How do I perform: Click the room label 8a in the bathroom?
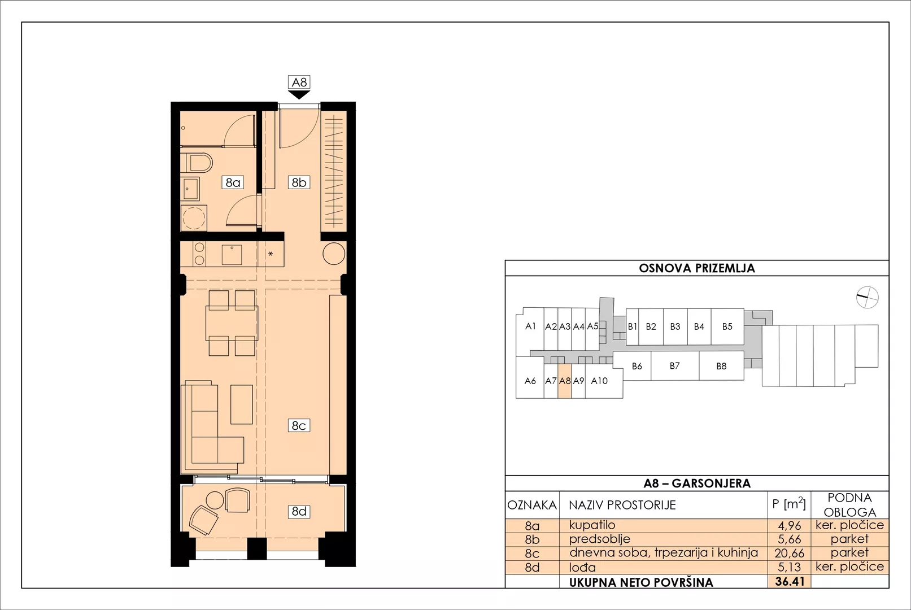(233, 182)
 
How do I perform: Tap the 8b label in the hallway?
(299, 182)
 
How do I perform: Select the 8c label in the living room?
(299, 425)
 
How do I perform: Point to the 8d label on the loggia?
(299, 511)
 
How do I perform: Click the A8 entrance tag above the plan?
(299, 82)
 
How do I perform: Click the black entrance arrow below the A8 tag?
(299, 95)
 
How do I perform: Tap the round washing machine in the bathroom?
(194, 218)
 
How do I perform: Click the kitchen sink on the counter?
(232, 255)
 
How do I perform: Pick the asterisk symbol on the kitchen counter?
(271, 254)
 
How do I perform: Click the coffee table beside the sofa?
(242, 404)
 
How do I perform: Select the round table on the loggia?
(215, 500)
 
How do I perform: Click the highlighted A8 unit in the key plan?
(564, 381)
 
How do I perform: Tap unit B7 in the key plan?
(675, 365)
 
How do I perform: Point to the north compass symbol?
(867, 297)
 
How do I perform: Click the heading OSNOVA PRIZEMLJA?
(697, 268)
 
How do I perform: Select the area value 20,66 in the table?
(790, 553)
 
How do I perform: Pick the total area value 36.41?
(790, 582)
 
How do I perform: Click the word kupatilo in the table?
(592, 525)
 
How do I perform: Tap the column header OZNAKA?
(532, 505)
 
